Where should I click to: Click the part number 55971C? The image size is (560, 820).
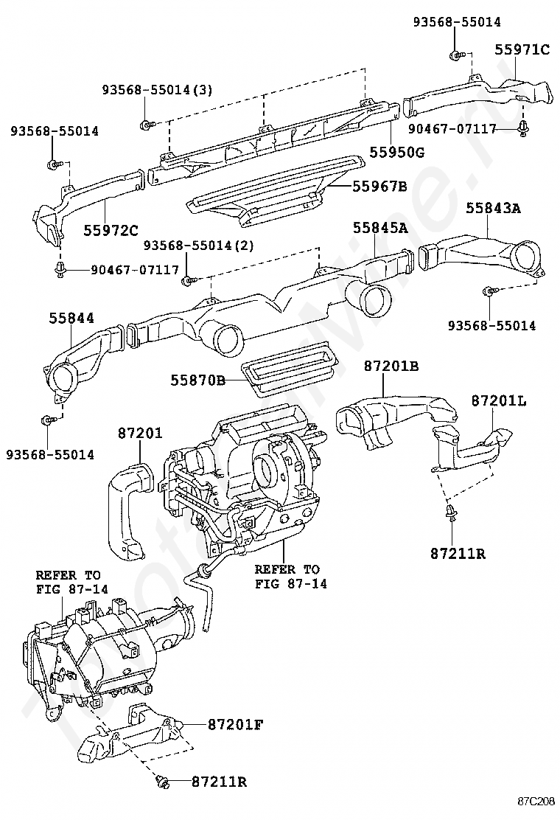522,49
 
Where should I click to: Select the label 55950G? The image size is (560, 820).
396,152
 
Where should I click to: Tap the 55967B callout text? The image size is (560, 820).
379,186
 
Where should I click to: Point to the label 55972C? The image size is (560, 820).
111,229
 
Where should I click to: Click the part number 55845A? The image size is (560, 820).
380,227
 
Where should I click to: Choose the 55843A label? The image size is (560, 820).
493,208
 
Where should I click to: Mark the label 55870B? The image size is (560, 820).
198,381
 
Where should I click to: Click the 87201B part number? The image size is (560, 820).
391,366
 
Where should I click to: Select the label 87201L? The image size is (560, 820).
499,400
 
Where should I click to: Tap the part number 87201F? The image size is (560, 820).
235,724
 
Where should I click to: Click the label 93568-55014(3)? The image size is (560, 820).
157,90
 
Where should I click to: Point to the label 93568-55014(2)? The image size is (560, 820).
198,245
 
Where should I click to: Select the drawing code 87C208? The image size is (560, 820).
536,801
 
